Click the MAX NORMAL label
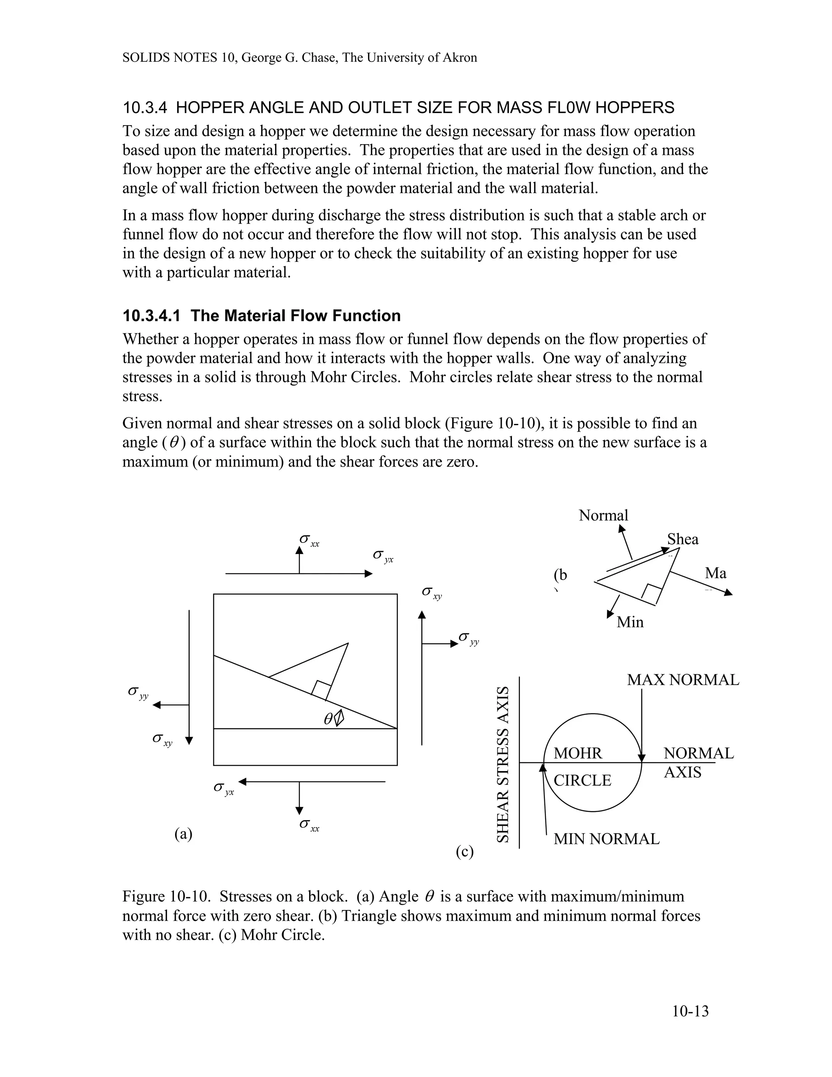point(682,680)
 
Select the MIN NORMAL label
point(606,839)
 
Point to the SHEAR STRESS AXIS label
point(502,764)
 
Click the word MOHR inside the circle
point(578,753)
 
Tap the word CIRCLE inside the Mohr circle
point(582,781)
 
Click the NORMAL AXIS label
point(698,762)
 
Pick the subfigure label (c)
point(464,851)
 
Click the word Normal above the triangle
point(603,515)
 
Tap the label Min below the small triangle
point(630,622)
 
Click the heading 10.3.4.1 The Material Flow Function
point(261,316)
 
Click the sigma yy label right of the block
point(468,638)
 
